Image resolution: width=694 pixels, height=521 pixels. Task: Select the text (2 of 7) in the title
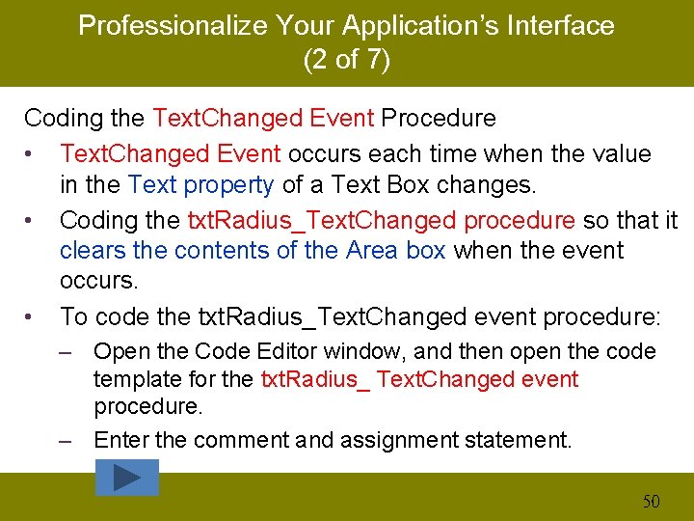point(346,60)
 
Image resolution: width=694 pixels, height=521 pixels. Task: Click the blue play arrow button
point(127,477)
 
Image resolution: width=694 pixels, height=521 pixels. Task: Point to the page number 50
point(652,501)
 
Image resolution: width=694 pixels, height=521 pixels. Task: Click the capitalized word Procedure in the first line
point(439,119)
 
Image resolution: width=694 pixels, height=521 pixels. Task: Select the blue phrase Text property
point(201,184)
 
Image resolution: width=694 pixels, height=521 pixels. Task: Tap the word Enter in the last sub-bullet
point(121,441)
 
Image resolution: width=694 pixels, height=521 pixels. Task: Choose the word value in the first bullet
point(618,153)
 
